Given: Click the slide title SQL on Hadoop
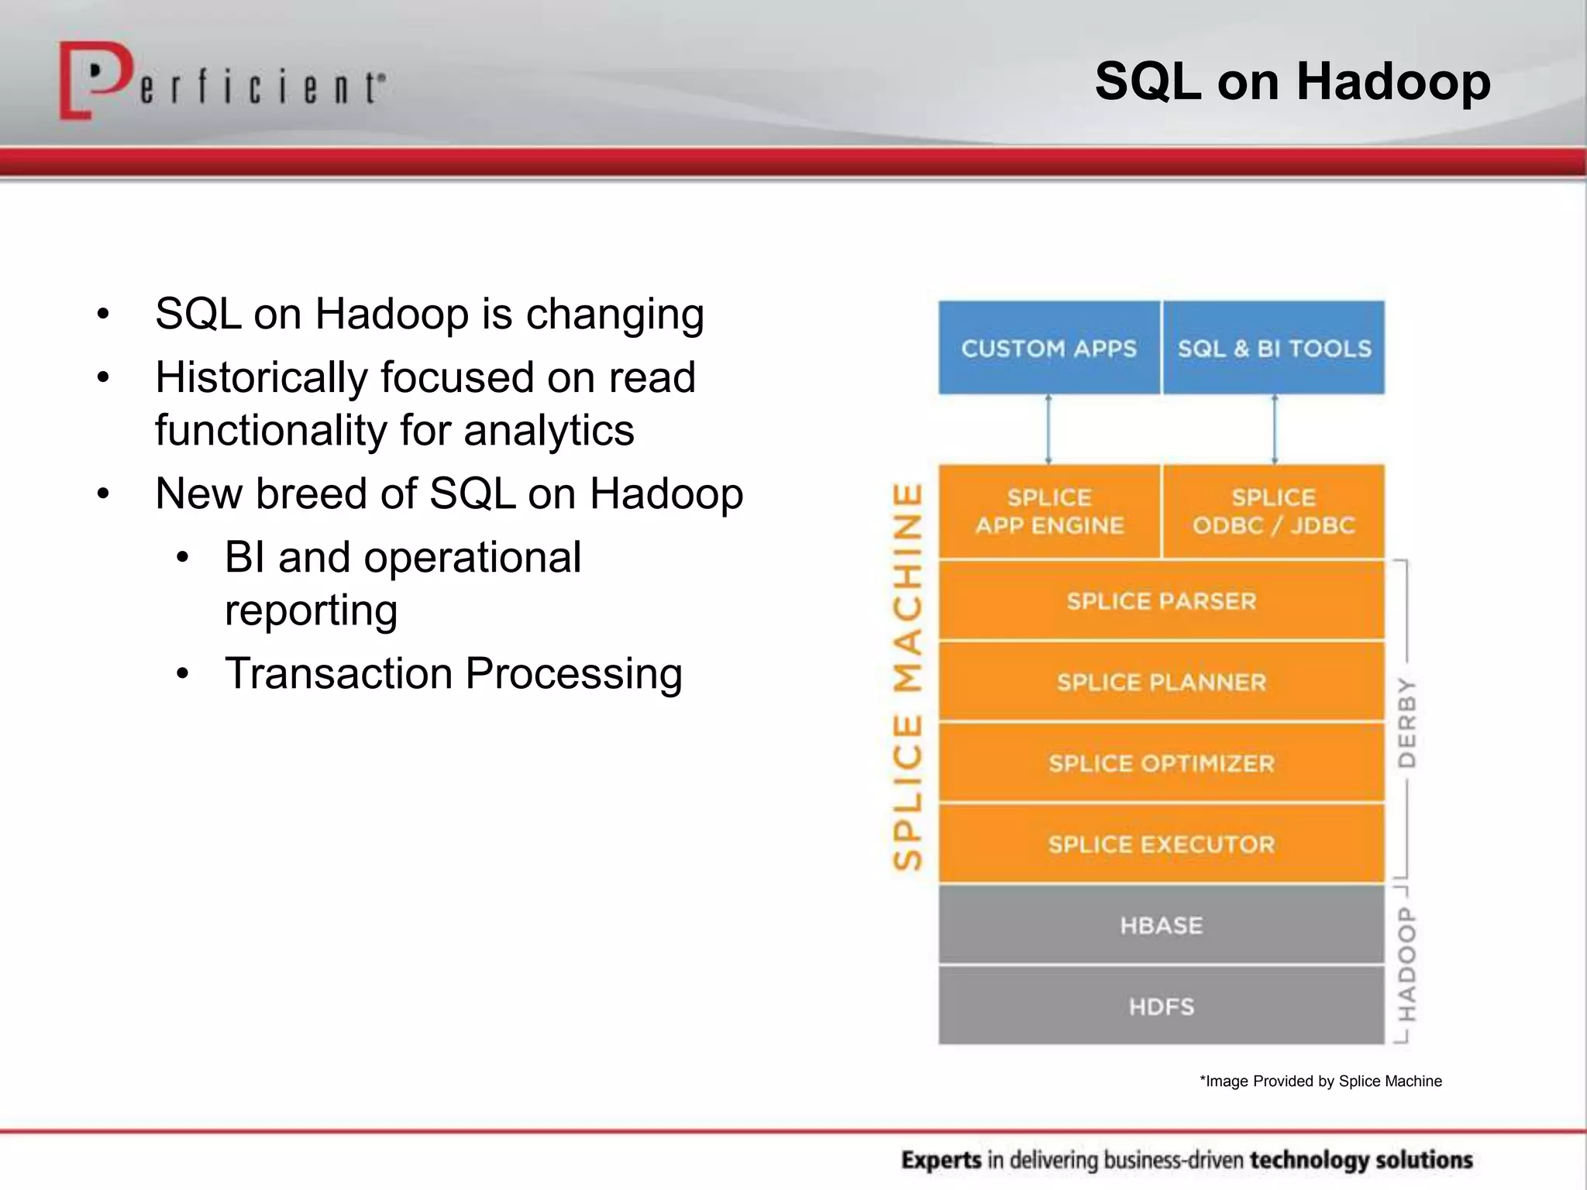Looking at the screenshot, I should click(1292, 81).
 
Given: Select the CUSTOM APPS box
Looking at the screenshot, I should click(1048, 348).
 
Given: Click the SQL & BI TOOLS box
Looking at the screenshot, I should click(1274, 348).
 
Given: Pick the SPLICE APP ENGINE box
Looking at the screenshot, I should click(1048, 511).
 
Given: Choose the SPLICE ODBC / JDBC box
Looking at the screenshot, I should click(1274, 511).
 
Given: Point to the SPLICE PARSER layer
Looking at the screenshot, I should click(1161, 601).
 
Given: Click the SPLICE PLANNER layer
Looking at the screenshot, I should click(1161, 683).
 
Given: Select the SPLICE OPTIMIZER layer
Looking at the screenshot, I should click(1161, 764).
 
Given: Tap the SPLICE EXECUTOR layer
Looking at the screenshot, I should click(1161, 844).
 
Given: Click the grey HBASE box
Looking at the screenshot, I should click(1161, 925).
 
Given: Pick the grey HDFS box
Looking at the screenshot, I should click(1161, 1006).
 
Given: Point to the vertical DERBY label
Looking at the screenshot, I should click(1406, 722).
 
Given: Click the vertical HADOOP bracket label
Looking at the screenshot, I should click(1406, 965).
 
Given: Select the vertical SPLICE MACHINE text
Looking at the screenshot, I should click(907, 676).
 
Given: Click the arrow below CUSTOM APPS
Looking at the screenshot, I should click(1048, 429).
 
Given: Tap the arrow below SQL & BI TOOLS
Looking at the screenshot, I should click(1275, 429).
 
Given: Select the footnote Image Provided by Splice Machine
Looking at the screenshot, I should click(1320, 1081).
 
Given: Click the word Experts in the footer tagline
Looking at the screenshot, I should click(942, 1160).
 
